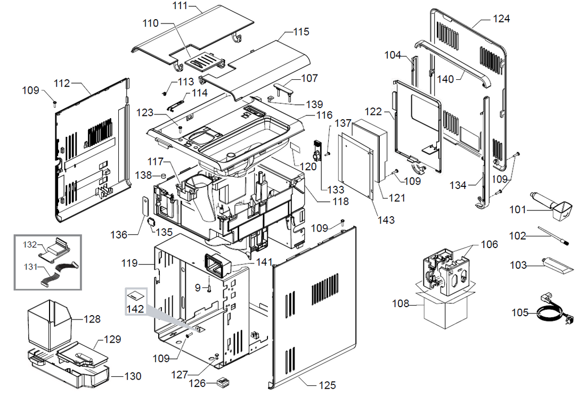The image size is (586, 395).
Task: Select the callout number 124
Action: pos(501,19)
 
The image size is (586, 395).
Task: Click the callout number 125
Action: pos(328,385)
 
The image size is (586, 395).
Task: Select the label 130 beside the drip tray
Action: pos(133,376)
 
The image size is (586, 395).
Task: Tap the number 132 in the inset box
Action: pos(30,245)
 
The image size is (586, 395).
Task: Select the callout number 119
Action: pos(129,263)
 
